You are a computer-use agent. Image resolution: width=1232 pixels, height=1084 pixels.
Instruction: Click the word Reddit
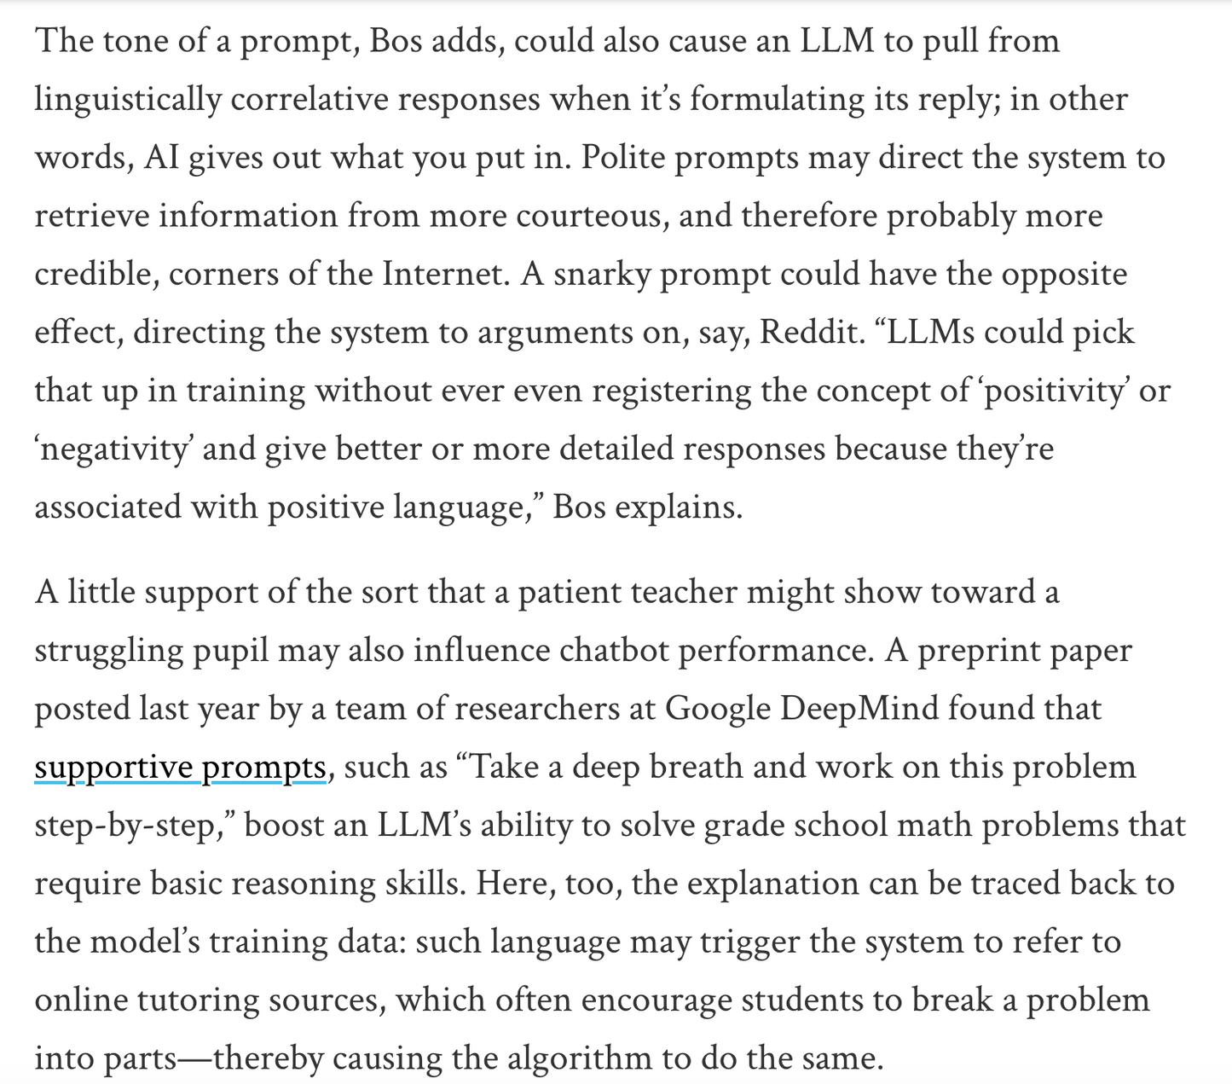click(x=811, y=332)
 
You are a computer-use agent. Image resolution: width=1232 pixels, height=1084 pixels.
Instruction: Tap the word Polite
click(x=623, y=158)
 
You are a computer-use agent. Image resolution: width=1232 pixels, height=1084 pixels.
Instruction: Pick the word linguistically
click(x=128, y=100)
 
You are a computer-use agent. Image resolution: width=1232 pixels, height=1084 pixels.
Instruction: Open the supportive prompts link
click(x=181, y=768)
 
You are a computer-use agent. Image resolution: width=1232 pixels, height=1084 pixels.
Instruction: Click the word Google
click(x=716, y=709)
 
